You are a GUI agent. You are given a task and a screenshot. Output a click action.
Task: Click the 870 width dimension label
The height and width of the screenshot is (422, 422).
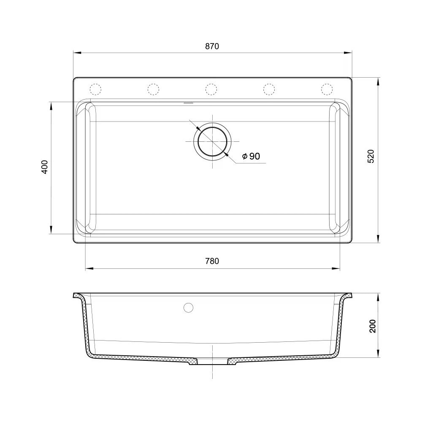click(212, 46)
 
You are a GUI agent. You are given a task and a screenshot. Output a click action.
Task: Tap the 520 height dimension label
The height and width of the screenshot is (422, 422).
click(371, 156)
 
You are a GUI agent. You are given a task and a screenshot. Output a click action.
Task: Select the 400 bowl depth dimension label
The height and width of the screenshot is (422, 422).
click(45, 167)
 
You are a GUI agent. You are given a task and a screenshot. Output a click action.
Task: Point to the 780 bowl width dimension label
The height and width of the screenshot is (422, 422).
click(212, 261)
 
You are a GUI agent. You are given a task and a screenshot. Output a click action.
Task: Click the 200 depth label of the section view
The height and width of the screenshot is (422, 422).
click(373, 326)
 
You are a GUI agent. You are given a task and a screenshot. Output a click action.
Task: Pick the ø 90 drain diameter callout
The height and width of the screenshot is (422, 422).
click(251, 156)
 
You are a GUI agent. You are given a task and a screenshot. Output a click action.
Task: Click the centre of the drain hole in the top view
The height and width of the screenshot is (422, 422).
click(212, 141)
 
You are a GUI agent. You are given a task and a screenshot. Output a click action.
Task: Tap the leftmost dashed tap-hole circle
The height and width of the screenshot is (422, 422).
click(95, 89)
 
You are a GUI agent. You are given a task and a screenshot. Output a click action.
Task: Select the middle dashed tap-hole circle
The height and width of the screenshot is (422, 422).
click(211, 89)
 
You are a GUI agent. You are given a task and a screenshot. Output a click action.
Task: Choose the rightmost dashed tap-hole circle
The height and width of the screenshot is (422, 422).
click(327, 89)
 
